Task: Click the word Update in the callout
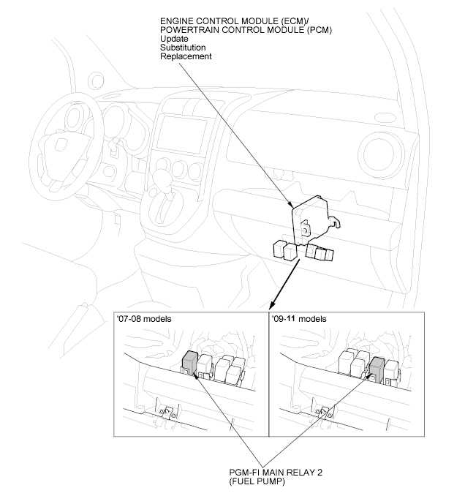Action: click(x=173, y=38)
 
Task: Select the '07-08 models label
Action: click(x=146, y=320)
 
